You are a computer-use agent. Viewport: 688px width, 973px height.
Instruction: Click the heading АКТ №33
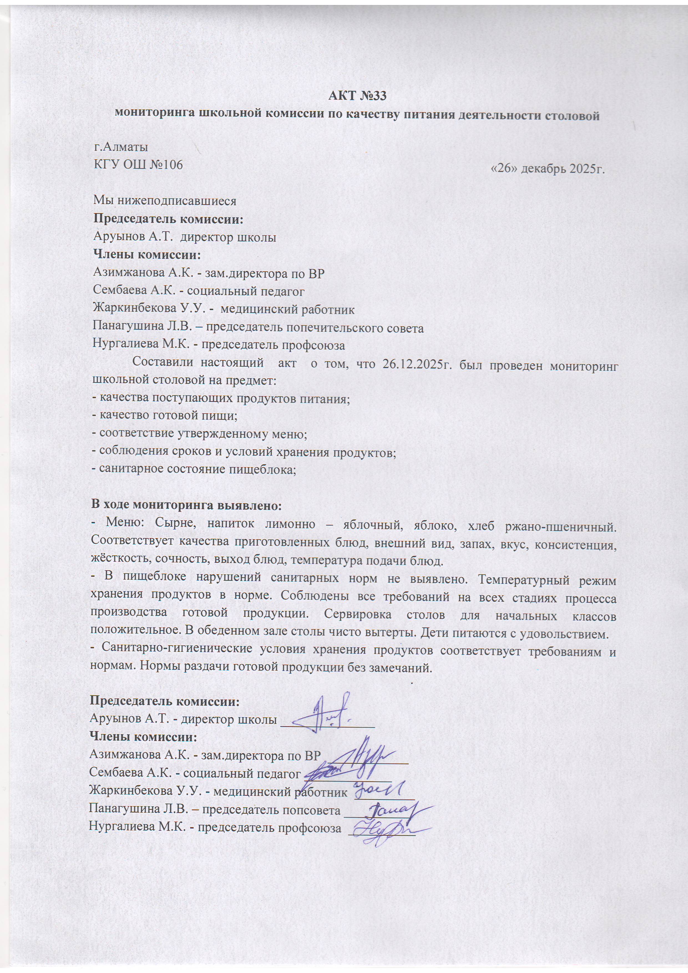(x=357, y=97)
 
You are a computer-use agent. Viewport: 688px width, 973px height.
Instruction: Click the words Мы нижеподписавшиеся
(x=165, y=201)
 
